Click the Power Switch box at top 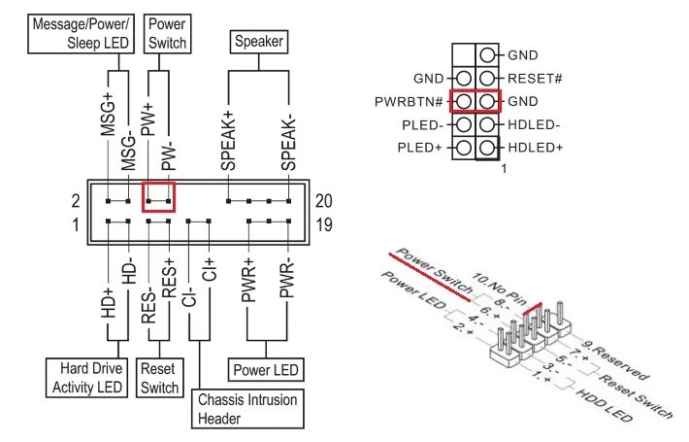[166, 33]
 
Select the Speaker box [258, 42]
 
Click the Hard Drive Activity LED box [86, 379]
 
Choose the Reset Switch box [159, 379]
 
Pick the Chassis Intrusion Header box [246, 409]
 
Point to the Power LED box [266, 370]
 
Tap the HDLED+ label [534, 148]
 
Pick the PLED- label [420, 124]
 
